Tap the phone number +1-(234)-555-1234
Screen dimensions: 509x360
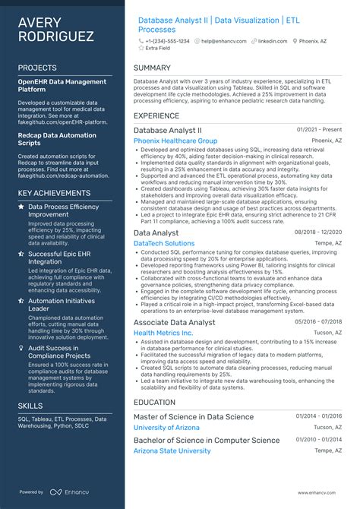point(168,40)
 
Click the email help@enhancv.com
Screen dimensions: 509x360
point(222,40)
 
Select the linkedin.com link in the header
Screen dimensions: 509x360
point(277,40)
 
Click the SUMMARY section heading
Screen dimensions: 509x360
point(152,68)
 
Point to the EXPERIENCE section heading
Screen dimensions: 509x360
point(156,115)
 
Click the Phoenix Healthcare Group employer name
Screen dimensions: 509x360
point(175,141)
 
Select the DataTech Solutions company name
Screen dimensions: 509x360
point(164,243)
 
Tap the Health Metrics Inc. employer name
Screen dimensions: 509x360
point(163,333)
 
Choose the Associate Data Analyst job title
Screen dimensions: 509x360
point(174,322)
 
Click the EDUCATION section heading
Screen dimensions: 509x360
point(154,402)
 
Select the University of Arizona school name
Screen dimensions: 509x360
point(166,428)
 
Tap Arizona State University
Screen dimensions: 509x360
point(172,451)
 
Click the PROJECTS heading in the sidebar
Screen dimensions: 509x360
point(37,68)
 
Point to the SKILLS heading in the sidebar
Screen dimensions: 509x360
point(31,406)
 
